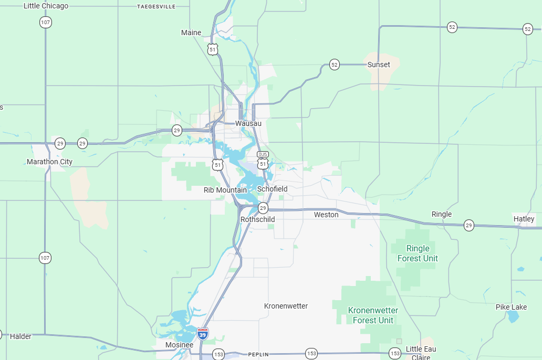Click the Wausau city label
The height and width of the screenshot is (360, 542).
click(248, 123)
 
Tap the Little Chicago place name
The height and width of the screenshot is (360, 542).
click(46, 6)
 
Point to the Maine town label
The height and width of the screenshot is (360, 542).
click(191, 33)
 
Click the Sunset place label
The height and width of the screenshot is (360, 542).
click(379, 65)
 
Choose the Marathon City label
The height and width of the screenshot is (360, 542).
click(49, 162)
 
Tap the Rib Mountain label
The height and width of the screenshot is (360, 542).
click(225, 190)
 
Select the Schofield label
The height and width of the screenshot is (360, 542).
click(272, 189)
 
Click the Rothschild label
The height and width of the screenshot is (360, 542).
click(257, 219)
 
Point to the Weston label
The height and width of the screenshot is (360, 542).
click(326, 215)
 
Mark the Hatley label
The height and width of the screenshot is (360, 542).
click(524, 219)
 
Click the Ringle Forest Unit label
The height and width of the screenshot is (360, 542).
click(418, 253)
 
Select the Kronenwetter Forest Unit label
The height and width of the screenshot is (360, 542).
click(373, 315)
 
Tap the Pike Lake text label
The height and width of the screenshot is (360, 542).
click(511, 307)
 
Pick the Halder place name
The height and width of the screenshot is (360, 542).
click(20, 336)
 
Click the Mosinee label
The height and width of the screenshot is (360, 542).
click(179, 345)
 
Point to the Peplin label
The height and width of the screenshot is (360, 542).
click(258, 355)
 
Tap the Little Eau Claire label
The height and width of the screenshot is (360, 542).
click(421, 353)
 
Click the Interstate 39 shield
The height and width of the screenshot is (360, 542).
click(203, 333)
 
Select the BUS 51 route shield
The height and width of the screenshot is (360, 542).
click(263, 161)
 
